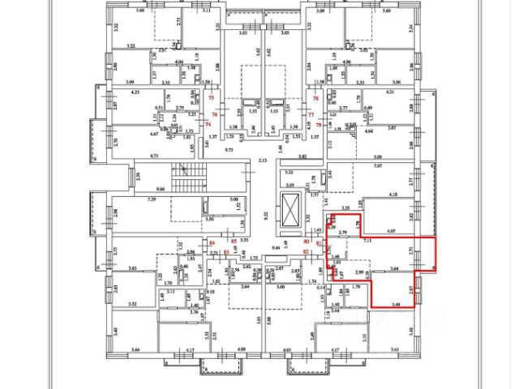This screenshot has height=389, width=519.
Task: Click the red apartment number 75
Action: [x=212, y=97]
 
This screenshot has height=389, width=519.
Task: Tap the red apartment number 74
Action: [x=208, y=125]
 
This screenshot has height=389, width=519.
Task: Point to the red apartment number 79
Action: [x=319, y=125]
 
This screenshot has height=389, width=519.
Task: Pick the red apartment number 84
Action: [x=213, y=242]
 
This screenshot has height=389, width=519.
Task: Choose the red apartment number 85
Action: [x=234, y=242]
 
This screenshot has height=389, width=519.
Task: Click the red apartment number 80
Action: [x=307, y=242]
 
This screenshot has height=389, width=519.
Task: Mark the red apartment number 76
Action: [x=216, y=114]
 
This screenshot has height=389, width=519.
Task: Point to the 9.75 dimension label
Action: [x=229, y=150]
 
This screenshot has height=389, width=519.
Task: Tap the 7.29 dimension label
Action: [x=151, y=199]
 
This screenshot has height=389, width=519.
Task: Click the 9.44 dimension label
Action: [x=274, y=247]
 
